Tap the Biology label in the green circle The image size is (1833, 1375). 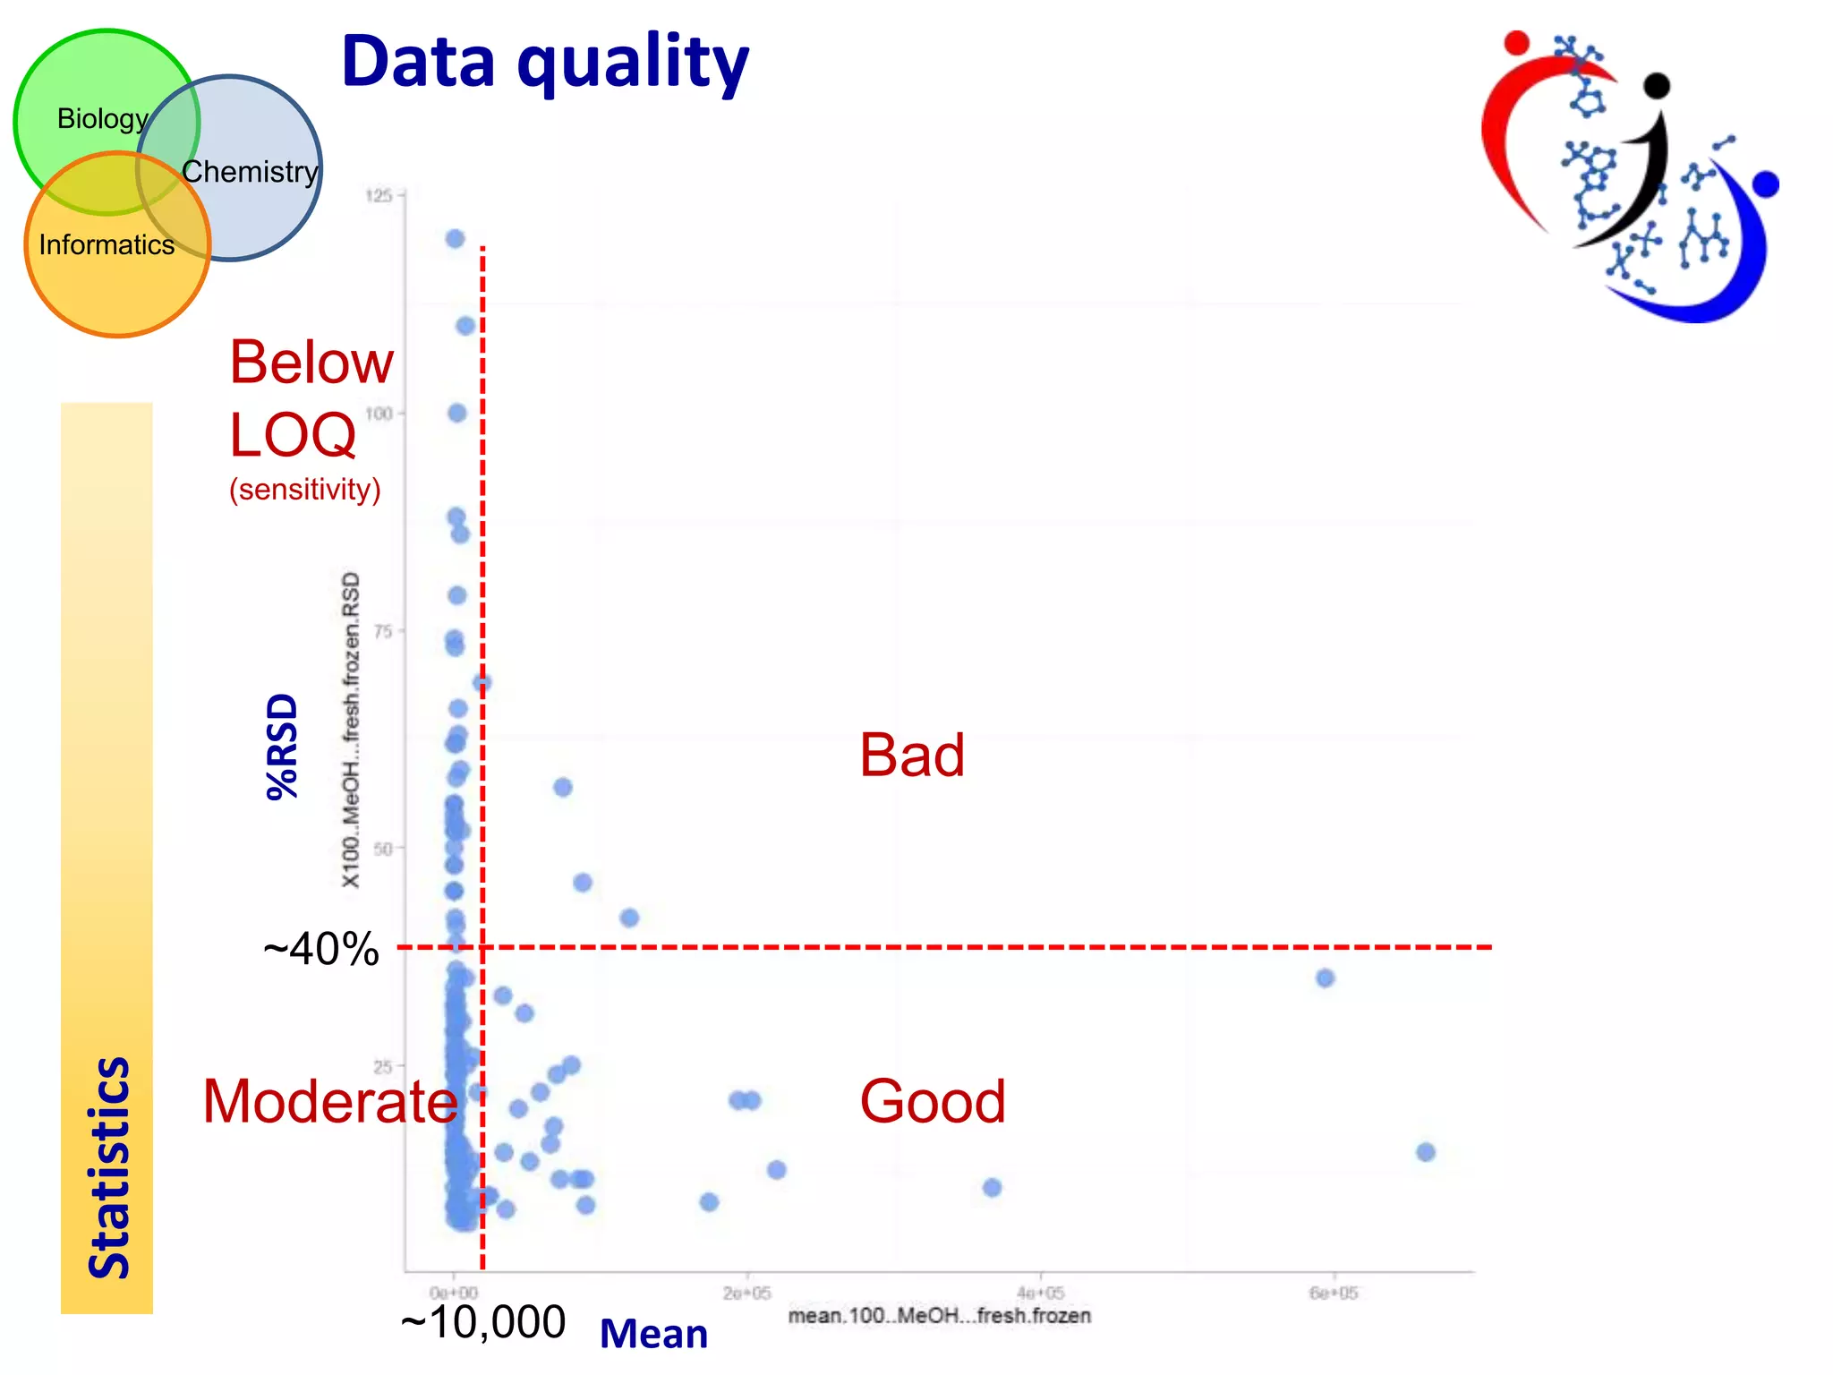point(101,118)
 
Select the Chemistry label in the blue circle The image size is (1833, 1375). point(250,171)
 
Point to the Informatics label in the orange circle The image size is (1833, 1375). point(107,244)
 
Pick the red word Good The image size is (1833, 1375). point(932,1101)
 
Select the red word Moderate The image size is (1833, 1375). point(329,1101)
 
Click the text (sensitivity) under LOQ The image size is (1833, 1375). point(304,490)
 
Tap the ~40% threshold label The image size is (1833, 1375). point(320,949)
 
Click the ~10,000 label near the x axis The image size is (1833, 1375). point(483,1322)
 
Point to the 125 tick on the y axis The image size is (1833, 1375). point(379,195)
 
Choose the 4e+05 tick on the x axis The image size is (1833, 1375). point(1040,1293)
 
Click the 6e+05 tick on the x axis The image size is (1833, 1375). point(1334,1293)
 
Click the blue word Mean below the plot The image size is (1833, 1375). point(653,1334)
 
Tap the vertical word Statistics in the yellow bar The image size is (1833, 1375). point(108,1167)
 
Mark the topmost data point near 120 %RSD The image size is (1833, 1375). point(455,238)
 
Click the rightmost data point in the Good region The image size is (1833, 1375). point(1426,1152)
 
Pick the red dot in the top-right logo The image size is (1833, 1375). point(1516,42)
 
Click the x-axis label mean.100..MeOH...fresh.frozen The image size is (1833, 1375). point(939,1316)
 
